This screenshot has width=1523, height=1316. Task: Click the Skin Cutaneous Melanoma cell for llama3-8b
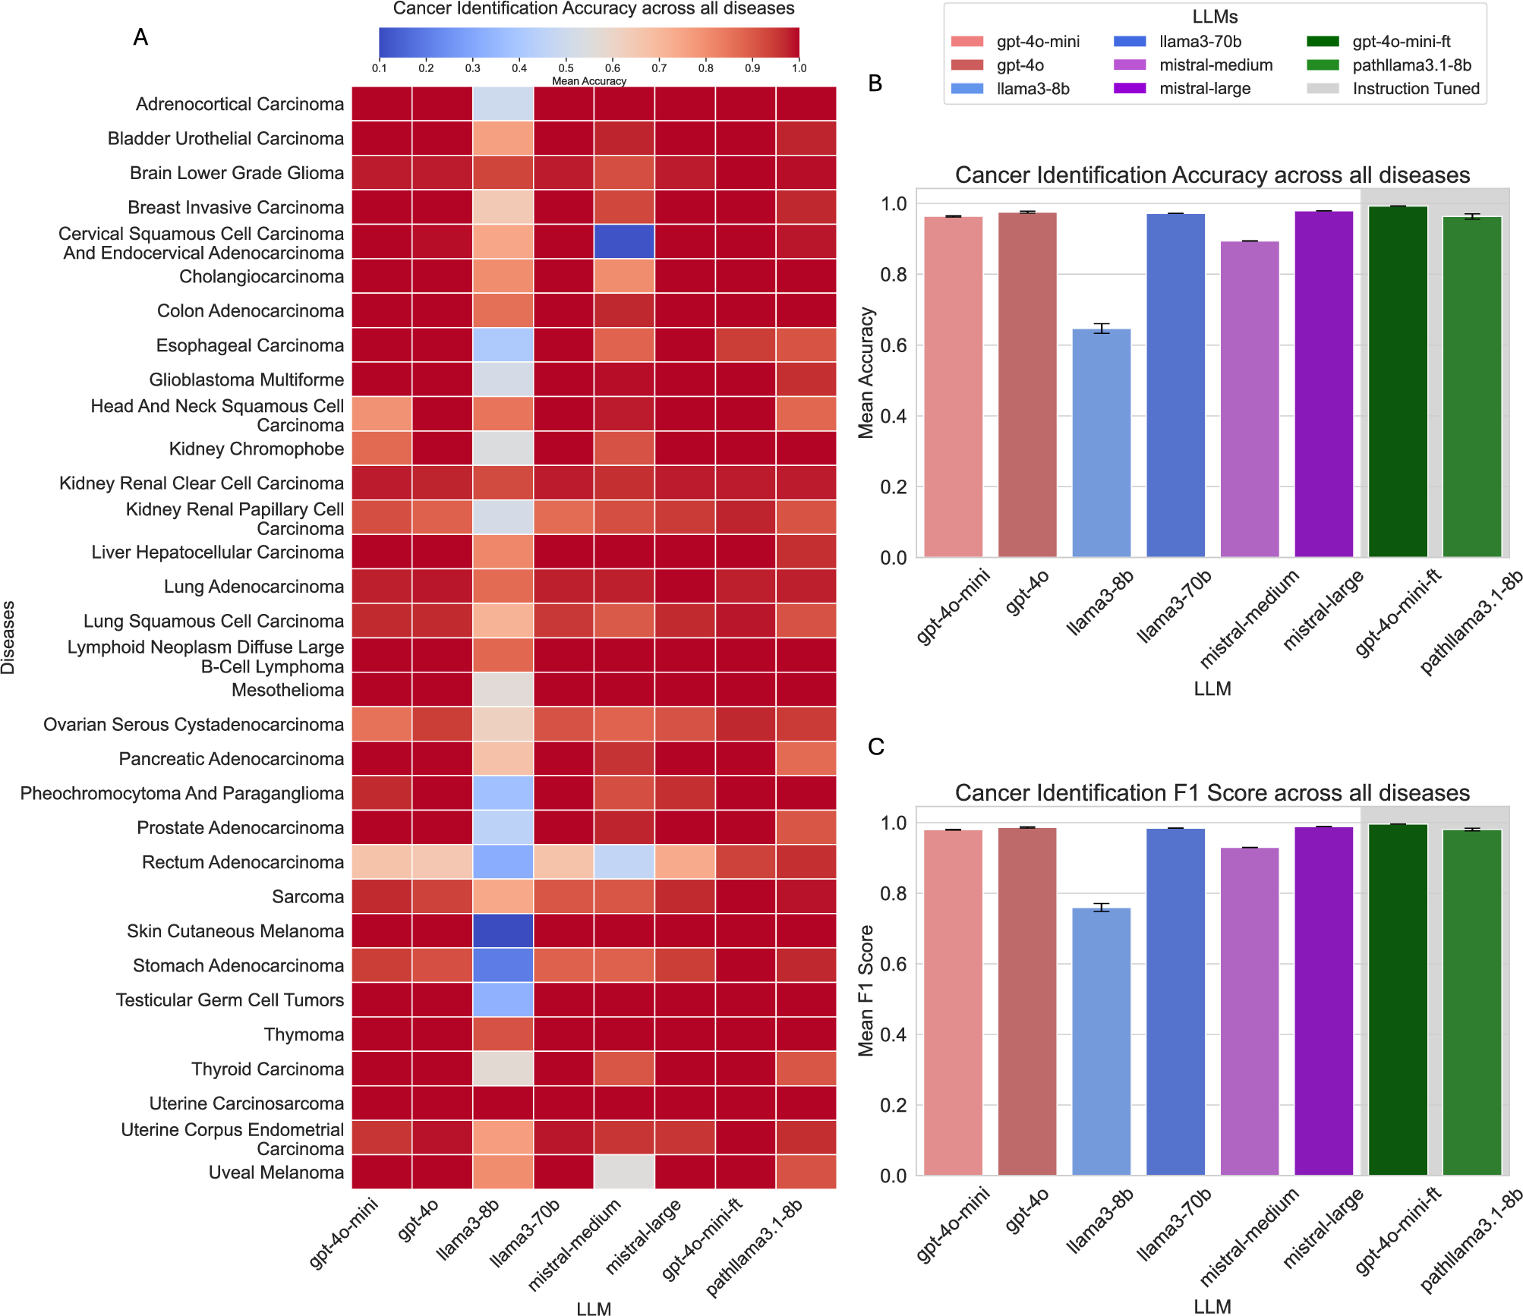click(x=503, y=930)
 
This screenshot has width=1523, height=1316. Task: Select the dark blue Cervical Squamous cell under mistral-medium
click(x=623, y=241)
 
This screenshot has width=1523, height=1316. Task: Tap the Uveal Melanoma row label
click(x=276, y=1172)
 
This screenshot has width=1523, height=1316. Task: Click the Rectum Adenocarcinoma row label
click(x=242, y=862)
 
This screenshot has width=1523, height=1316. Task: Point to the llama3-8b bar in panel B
click(x=1101, y=444)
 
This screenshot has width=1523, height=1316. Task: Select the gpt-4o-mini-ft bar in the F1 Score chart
click(x=1398, y=1000)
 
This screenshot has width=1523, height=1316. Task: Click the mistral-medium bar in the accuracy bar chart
click(x=1250, y=399)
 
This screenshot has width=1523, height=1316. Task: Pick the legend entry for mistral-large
click(x=1204, y=89)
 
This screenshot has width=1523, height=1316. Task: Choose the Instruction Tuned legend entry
click(x=1415, y=89)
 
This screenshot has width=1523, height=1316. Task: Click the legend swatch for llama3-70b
click(x=1130, y=42)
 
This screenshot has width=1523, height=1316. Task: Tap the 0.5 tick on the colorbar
click(x=566, y=68)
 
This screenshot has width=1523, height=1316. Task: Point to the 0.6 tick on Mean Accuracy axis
click(x=893, y=345)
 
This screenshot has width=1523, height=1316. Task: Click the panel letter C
click(x=875, y=747)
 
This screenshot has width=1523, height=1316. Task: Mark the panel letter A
click(x=140, y=37)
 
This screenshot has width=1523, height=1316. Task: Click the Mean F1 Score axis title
click(x=866, y=990)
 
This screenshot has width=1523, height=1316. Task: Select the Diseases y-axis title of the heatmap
click(x=8, y=638)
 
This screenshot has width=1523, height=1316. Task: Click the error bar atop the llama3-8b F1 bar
click(x=1101, y=907)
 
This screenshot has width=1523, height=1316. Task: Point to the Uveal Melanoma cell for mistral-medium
click(x=623, y=1172)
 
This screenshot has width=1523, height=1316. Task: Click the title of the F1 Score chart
click(x=1212, y=792)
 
